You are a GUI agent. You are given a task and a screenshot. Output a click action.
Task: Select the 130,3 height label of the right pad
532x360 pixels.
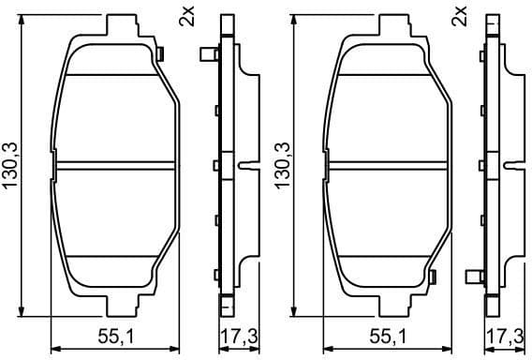[x=278, y=165]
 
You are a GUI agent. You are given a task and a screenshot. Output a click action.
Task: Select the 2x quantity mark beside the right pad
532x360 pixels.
[x=458, y=16]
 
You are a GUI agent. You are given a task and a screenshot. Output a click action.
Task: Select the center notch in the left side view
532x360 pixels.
[x=247, y=166]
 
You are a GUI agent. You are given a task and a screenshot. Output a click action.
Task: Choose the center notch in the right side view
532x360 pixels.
[x=516, y=166]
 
